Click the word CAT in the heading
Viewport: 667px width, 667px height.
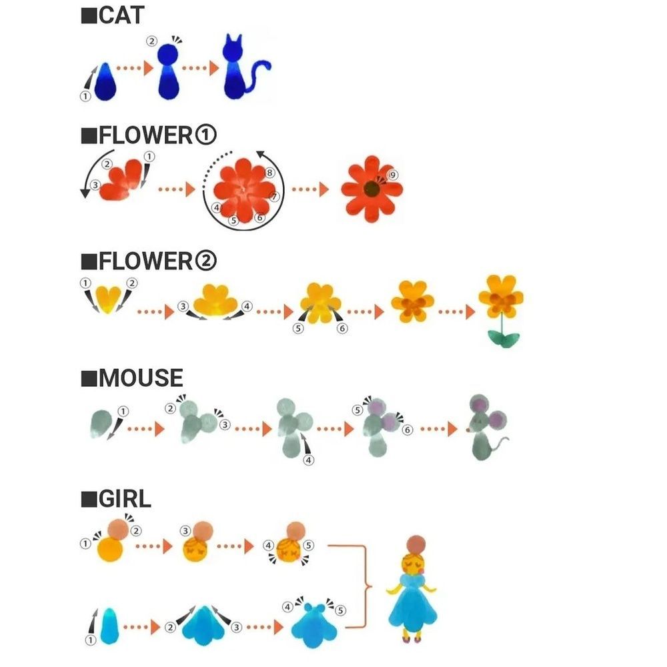coord(121,15)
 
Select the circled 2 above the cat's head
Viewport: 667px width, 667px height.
coord(152,41)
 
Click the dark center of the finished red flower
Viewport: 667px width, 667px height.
coord(372,189)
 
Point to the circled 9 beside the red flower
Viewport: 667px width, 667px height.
coord(393,175)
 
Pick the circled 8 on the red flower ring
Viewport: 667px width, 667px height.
coord(269,173)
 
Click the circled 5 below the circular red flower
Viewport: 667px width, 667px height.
coord(233,220)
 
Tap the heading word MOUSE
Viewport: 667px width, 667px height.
coord(141,378)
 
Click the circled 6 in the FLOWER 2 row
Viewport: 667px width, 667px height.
coord(342,328)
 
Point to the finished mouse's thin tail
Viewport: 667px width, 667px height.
coord(499,444)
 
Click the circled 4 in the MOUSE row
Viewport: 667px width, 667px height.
coord(308,460)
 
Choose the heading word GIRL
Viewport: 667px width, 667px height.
coord(125,498)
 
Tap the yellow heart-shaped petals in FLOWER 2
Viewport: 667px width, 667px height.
coord(108,299)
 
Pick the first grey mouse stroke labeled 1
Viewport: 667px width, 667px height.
coord(101,424)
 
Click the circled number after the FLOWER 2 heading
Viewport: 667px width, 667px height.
coord(206,260)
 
